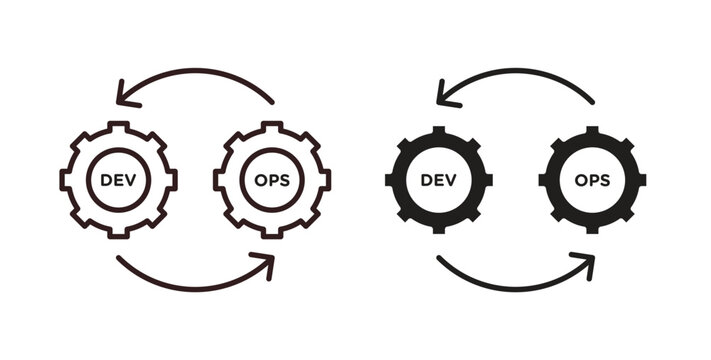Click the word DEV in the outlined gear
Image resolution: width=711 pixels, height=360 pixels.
coord(119,180)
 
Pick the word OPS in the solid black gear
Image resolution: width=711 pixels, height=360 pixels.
coord(592,180)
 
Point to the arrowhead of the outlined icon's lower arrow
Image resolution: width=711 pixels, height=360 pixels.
coord(268,263)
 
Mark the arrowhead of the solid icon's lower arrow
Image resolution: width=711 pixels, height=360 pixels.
coord(587,263)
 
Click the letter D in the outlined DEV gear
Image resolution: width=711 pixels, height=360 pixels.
coord(106,180)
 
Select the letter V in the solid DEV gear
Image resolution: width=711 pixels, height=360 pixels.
coord(451,180)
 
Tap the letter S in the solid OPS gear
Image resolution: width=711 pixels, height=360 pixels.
coord(606,180)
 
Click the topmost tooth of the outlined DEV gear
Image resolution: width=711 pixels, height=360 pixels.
coord(119,126)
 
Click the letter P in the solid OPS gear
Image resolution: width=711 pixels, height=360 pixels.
coord(592,180)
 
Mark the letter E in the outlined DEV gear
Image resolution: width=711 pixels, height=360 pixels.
coord(119,180)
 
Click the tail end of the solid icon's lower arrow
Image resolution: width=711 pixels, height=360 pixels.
coord(439,260)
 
